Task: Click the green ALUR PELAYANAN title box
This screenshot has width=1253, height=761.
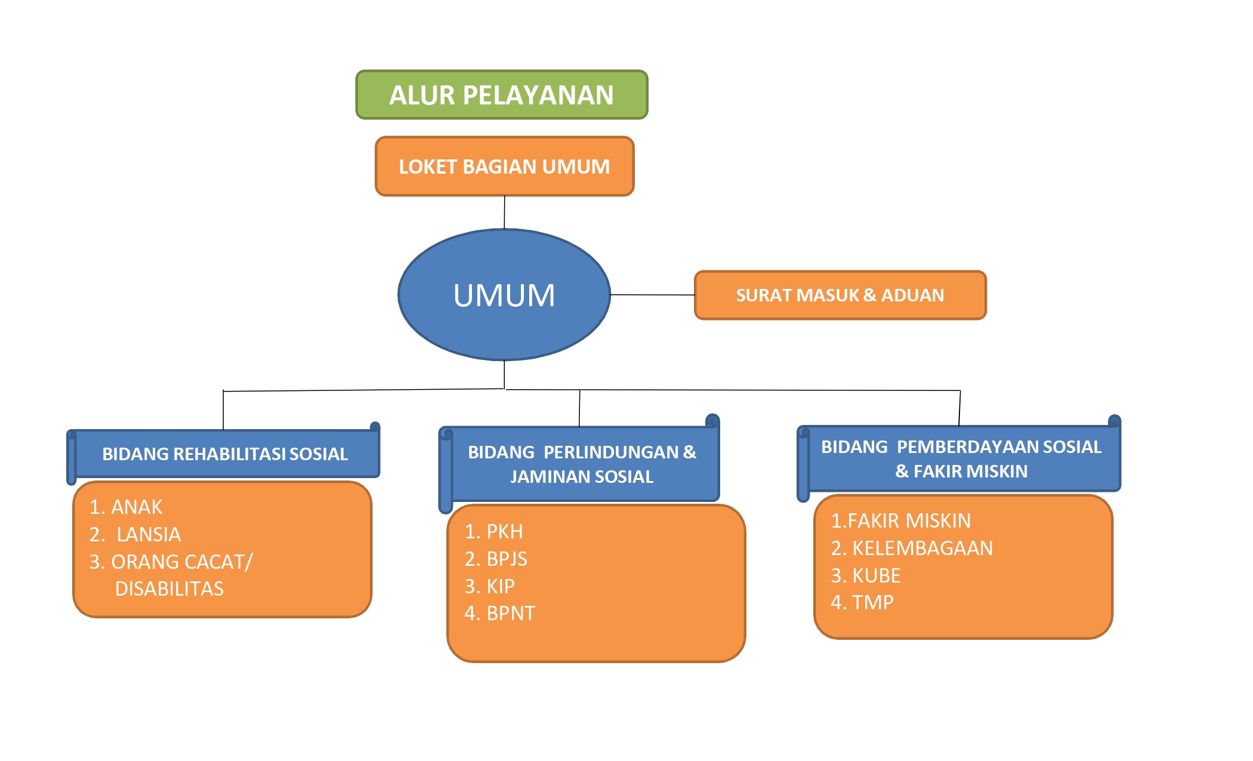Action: [x=502, y=95]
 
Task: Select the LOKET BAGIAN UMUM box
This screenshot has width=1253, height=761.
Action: [x=504, y=167]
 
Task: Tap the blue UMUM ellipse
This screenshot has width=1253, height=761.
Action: [x=504, y=295]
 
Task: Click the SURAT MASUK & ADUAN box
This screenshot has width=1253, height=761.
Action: [x=840, y=295]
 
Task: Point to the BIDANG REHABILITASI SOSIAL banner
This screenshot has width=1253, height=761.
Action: [x=225, y=454]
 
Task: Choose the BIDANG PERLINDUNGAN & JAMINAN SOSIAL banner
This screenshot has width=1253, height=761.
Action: [x=582, y=464]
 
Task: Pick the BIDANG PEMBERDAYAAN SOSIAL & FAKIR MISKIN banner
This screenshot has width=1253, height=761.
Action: [x=961, y=459]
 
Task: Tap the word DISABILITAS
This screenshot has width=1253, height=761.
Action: [x=169, y=589]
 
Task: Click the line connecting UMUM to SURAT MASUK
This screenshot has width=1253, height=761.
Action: [x=653, y=295]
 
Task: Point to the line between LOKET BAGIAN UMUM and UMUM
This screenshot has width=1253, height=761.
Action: [x=504, y=212]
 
